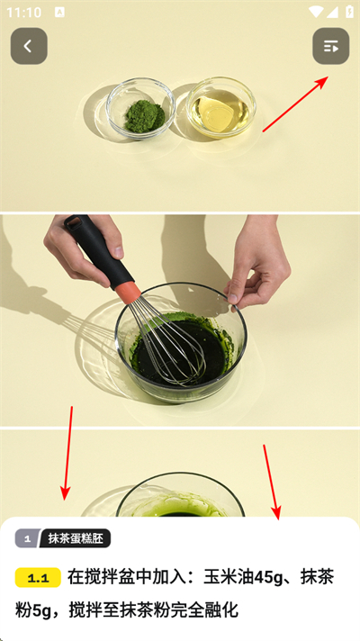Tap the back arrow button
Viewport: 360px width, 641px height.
[x=29, y=46]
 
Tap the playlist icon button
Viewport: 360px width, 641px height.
[x=331, y=46]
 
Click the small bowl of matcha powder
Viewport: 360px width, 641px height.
[x=140, y=109]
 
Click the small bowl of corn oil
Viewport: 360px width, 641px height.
[x=221, y=107]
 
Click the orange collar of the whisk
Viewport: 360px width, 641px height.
[x=127, y=292]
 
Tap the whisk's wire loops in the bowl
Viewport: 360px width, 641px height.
[x=172, y=343]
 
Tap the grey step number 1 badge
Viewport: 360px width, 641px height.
[x=27, y=538]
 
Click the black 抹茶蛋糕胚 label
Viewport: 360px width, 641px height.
[x=76, y=538]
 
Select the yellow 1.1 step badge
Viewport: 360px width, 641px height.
[x=38, y=578]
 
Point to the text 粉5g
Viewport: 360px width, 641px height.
[x=34, y=610]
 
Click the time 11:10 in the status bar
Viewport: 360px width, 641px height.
[x=24, y=13]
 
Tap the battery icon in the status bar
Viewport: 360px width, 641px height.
[x=349, y=12]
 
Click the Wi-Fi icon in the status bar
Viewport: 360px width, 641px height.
[x=316, y=12]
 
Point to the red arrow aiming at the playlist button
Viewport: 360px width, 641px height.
[x=295, y=104]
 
